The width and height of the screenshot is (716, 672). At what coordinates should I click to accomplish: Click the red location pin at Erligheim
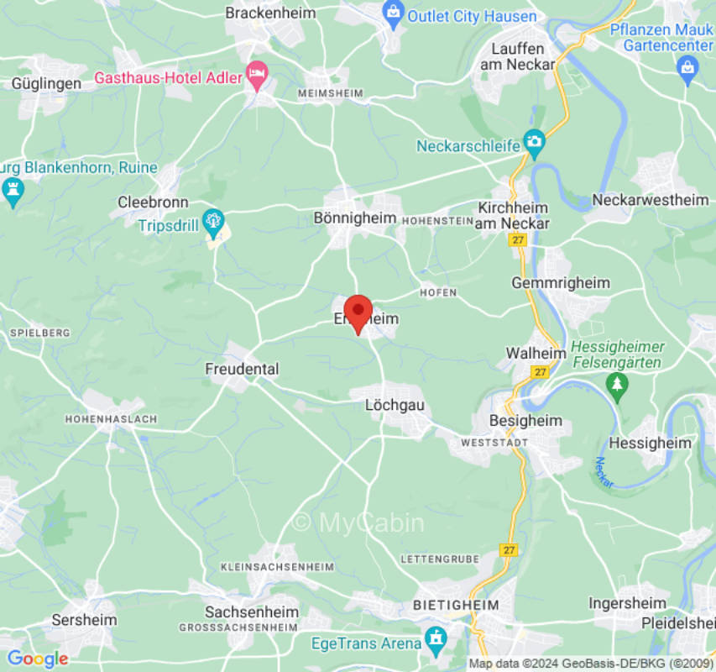(358, 312)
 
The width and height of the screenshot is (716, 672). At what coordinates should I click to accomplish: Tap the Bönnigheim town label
(354, 218)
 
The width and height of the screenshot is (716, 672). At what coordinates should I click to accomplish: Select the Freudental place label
(242, 369)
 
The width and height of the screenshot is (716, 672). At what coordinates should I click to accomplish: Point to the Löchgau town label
(395, 405)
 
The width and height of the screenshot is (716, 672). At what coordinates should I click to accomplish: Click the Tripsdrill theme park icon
(213, 220)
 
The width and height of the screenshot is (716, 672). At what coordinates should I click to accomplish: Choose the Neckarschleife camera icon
(534, 142)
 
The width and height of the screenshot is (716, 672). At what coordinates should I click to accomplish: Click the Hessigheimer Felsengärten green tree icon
(618, 386)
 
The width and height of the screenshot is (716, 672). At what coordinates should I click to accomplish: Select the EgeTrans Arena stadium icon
(436, 640)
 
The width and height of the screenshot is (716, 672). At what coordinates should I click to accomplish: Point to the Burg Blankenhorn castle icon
(13, 189)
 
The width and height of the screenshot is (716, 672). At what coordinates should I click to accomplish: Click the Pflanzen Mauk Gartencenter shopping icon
(688, 67)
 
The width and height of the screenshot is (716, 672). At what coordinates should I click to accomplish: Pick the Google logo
(37, 659)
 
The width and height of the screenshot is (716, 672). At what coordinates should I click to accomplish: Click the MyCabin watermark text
(358, 522)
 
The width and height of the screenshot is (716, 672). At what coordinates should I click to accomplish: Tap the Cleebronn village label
(153, 202)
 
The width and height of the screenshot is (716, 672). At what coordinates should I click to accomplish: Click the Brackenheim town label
(270, 13)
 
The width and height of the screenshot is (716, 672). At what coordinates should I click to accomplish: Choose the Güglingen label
(47, 83)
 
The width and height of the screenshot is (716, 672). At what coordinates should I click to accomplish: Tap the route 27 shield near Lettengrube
(509, 549)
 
